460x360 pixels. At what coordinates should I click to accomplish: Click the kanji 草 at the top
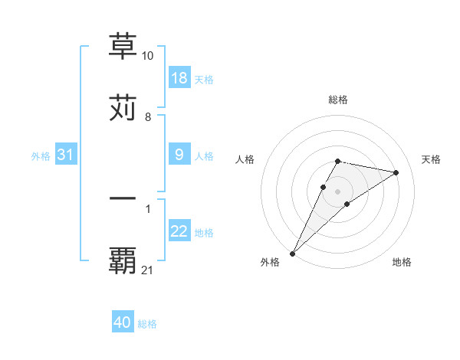[123, 46]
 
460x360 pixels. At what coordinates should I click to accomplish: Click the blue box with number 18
[179, 78]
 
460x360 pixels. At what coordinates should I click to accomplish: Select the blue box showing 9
[179, 155]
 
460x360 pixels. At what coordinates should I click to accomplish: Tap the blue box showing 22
[179, 231]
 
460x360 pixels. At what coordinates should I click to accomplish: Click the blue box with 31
[65, 155]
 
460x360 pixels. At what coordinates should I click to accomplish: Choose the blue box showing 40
[123, 322]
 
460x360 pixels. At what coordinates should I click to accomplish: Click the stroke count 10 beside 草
[148, 56]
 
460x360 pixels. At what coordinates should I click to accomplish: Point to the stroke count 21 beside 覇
[148, 270]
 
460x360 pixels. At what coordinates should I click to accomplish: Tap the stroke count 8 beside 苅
[148, 117]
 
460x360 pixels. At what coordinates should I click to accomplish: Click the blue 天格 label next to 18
[204, 80]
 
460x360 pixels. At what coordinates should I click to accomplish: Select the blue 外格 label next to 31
[41, 156]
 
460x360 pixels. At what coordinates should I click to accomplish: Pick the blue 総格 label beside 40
[147, 324]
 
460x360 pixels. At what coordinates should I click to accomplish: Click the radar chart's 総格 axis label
[338, 100]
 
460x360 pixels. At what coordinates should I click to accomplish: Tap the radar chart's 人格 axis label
[245, 159]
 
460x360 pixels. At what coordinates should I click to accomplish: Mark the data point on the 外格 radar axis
[293, 253]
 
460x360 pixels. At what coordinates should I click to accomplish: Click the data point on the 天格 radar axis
[396, 172]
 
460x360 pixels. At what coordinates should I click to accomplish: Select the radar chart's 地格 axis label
[402, 262]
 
